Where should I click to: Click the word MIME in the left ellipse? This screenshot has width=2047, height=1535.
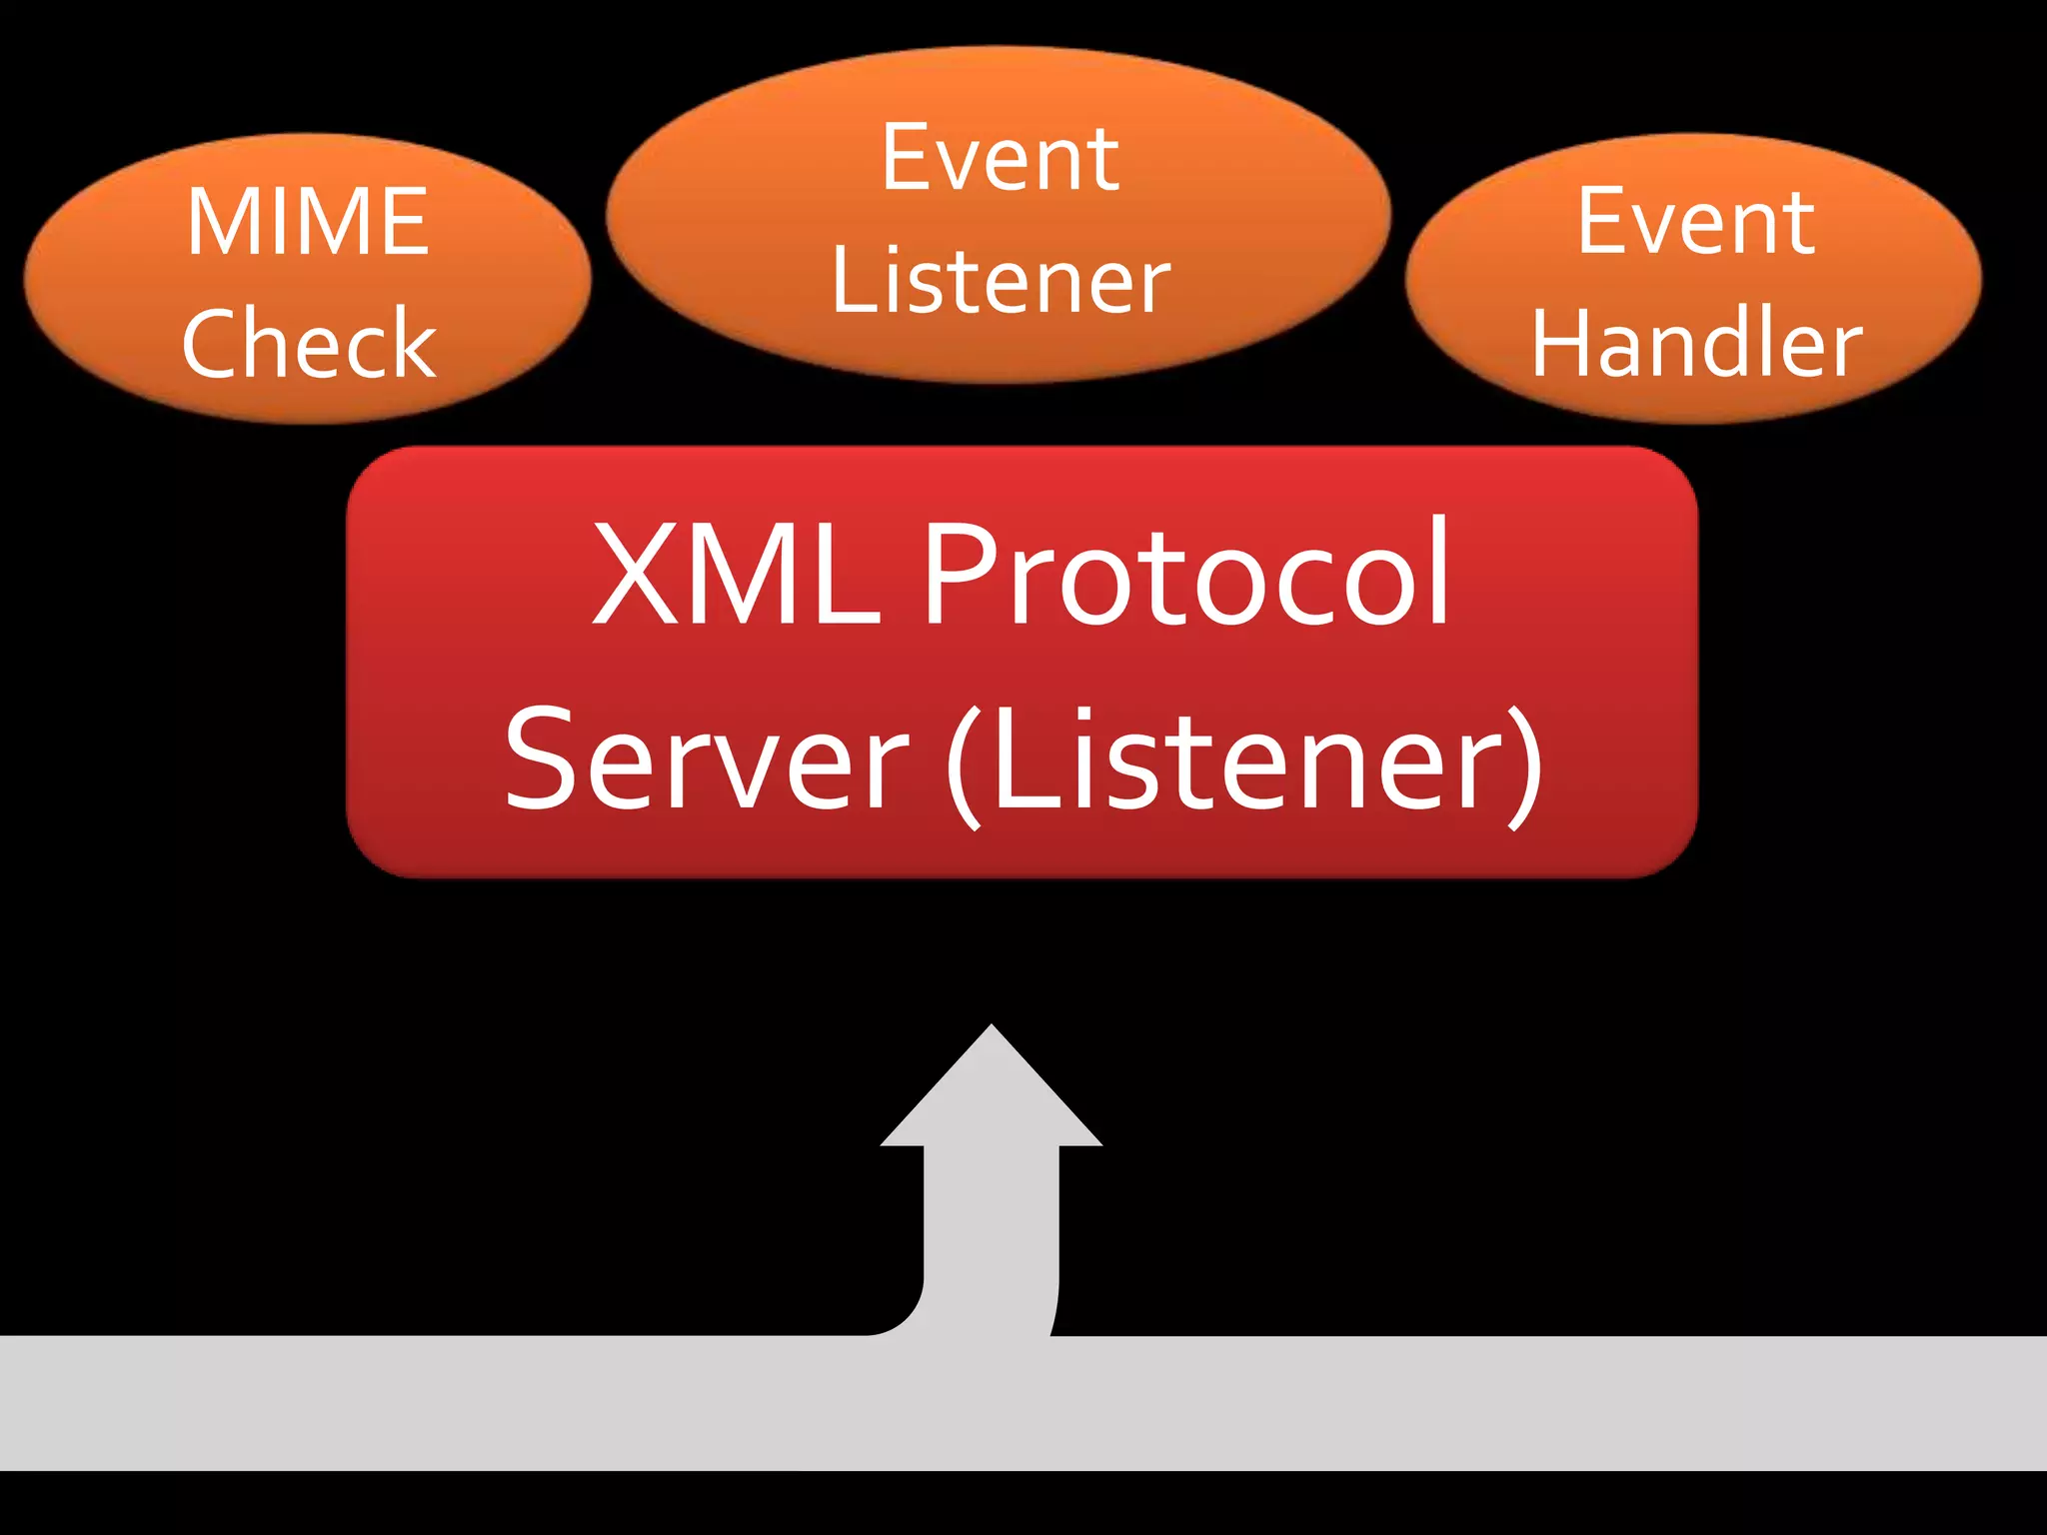(308, 222)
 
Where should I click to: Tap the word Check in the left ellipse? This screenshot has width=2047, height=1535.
(309, 343)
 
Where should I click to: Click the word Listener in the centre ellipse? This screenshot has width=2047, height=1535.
(1000, 281)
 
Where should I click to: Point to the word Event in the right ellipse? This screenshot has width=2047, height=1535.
(1695, 222)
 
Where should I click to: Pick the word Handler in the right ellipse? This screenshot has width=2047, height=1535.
(1696, 343)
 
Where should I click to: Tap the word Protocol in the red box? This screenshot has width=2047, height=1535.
(1185, 575)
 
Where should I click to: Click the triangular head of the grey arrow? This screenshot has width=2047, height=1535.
(991, 1094)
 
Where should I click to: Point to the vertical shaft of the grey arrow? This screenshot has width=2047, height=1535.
(991, 1229)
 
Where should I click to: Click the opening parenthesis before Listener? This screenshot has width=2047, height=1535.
(965, 765)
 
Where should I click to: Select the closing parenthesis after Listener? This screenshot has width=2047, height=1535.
(1525, 765)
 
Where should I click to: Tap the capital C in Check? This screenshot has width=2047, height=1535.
(212, 343)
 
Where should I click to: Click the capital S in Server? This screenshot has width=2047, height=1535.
(545, 760)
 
